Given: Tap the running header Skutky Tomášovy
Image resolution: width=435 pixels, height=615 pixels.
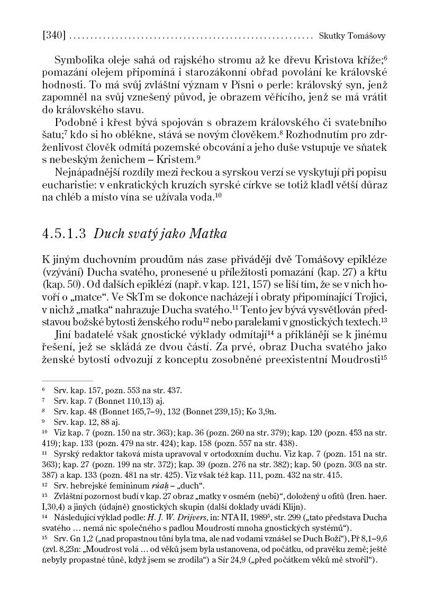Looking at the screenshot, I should click(x=352, y=37).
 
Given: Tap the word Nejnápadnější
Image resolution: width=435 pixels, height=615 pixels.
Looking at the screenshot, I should click(x=88, y=172).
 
